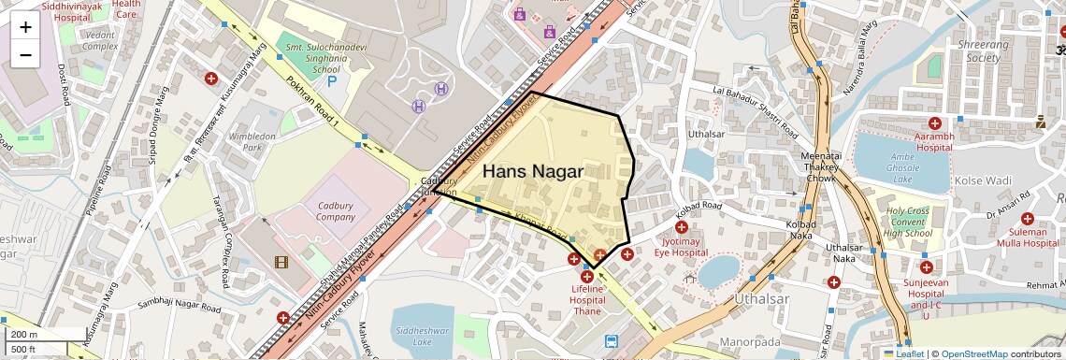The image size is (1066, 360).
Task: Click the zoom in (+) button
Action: click(25, 27)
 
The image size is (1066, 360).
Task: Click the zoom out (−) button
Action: click(25, 54)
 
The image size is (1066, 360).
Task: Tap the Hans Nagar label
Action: click(533, 172)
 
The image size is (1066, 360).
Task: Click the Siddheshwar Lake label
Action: click(423, 336)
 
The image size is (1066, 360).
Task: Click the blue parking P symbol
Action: click(331, 82)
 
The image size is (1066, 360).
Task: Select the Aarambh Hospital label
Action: click(934, 141)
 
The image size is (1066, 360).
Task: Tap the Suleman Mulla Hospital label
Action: click(1027, 238)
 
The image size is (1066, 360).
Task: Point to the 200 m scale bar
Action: click(34, 334)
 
